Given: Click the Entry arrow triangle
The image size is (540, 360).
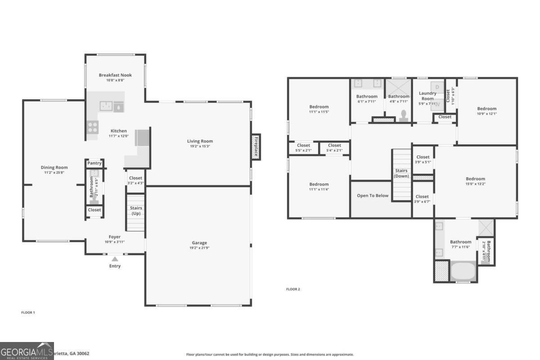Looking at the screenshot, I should (115, 259).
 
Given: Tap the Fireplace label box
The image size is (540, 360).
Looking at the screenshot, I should (256, 147).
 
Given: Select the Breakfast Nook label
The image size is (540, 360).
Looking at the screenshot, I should (115, 75).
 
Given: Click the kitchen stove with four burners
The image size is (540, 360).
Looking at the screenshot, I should (93, 127).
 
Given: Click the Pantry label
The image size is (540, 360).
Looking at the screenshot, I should (94, 163).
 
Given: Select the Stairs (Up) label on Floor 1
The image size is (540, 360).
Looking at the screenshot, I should (135, 211).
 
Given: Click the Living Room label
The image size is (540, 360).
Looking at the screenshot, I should (200, 141).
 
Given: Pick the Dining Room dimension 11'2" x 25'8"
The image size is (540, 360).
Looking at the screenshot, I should (54, 173).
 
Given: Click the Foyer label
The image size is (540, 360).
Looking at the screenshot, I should (114, 237).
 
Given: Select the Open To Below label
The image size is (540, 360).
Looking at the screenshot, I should (372, 196).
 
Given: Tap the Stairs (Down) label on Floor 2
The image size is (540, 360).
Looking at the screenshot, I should (401, 173).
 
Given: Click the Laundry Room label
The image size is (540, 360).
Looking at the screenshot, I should (427, 96).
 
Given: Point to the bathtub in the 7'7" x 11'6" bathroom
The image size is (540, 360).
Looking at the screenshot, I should (463, 272).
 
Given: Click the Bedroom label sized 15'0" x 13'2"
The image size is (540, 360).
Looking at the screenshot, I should (475, 179).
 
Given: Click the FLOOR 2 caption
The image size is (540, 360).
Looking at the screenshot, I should (293, 289).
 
